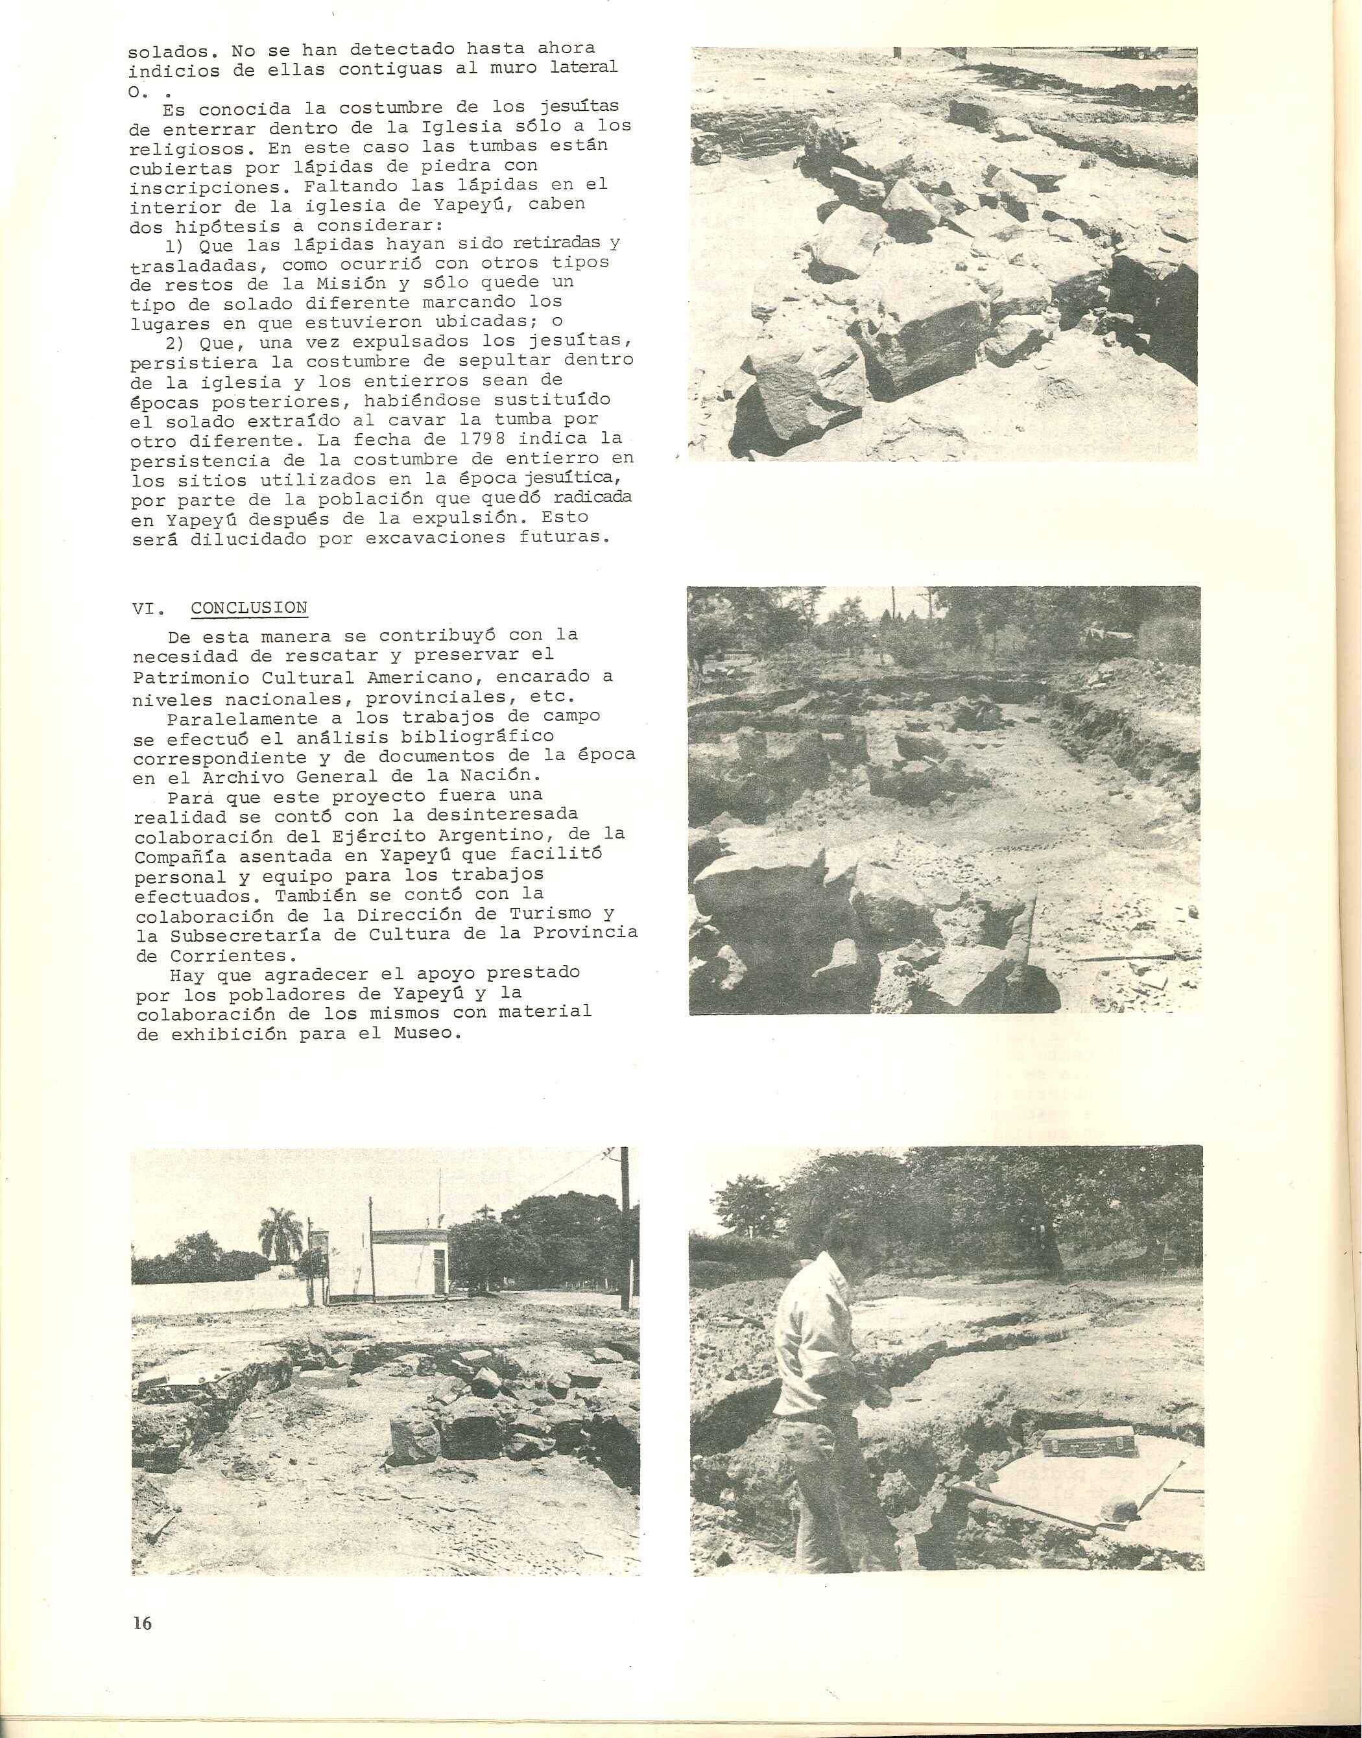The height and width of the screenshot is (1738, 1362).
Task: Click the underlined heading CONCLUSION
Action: tap(249, 608)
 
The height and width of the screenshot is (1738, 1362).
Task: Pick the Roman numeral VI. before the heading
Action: tap(149, 609)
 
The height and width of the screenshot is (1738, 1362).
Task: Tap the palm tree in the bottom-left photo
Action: tap(276, 1232)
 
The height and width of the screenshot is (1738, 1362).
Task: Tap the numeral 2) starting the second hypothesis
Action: tap(175, 343)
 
